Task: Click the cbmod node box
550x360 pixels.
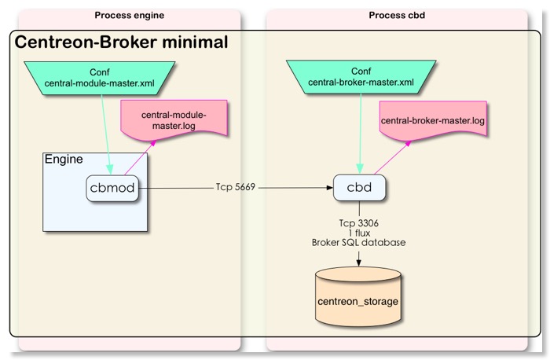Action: coord(117,188)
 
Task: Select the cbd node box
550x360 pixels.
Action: coord(359,188)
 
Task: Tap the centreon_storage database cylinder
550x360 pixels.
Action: coord(358,301)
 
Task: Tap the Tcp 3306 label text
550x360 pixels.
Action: coord(358,222)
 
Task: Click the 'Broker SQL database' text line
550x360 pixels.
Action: coord(358,242)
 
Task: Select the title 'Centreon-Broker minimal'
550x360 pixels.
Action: coord(122,42)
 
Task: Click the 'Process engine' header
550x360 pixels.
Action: coord(128,15)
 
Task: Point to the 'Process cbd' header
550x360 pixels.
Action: coord(396,15)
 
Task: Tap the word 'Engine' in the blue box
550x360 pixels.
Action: coord(64,160)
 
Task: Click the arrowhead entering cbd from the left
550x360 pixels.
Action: coord(328,188)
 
